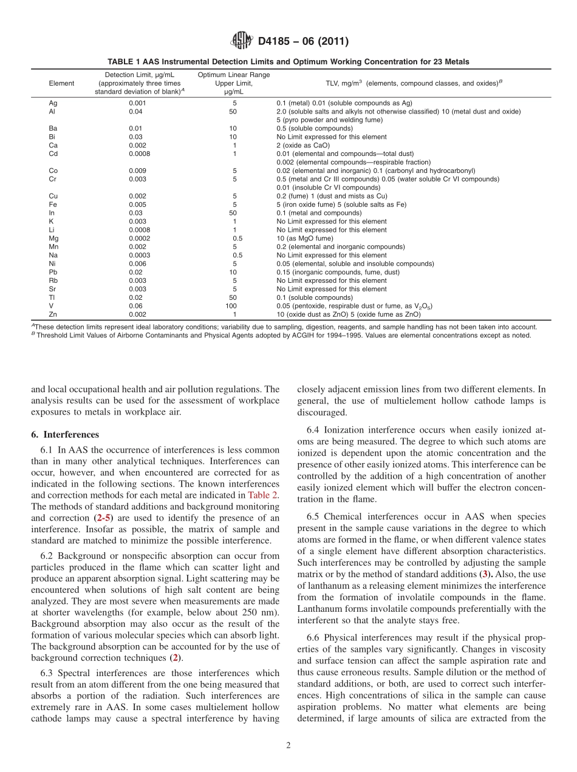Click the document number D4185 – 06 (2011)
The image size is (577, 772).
pyautogui.click(x=303, y=42)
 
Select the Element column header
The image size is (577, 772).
pyautogui.click(x=61, y=83)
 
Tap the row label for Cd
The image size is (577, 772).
pyautogui.click(x=53, y=154)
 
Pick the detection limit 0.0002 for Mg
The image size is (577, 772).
pyautogui.click(x=137, y=239)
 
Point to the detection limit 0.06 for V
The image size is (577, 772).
pyautogui.click(x=137, y=306)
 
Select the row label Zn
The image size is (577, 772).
pyautogui.click(x=53, y=314)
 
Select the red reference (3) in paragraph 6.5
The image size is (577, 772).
pyautogui.click(x=483, y=574)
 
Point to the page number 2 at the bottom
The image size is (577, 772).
pyautogui.click(x=288, y=745)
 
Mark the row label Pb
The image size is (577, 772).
pyautogui.click(x=53, y=273)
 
